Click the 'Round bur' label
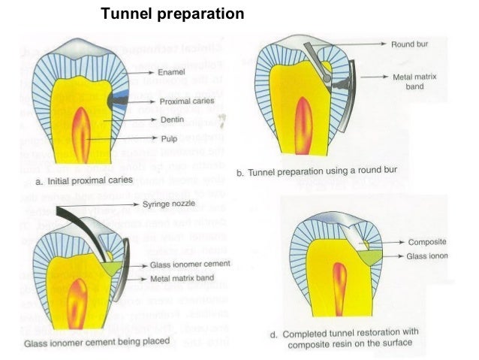(x=410, y=45)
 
